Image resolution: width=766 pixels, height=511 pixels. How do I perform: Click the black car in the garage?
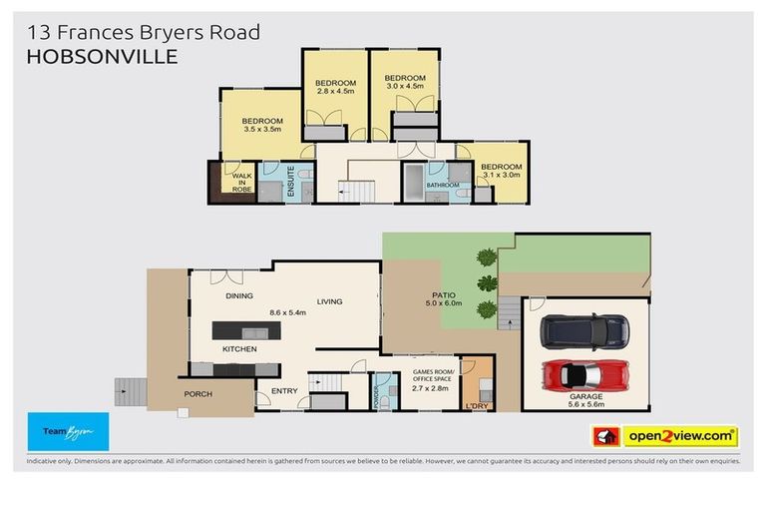[x=582, y=328]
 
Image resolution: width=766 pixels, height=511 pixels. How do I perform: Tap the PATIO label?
[x=443, y=295]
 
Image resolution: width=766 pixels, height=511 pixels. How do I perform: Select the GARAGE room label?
[x=585, y=396]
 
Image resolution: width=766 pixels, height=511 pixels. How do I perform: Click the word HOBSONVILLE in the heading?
[x=101, y=58]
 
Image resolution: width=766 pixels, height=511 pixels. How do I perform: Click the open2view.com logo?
[x=679, y=436]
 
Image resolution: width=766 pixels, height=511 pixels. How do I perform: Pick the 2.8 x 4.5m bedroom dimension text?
[x=335, y=92]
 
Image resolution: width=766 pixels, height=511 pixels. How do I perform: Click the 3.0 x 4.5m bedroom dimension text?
[x=405, y=87]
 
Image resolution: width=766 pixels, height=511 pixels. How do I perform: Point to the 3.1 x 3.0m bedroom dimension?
[x=501, y=176]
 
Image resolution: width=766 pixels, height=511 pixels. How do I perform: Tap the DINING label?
[x=238, y=295]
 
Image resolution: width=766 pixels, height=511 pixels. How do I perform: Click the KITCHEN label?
[x=240, y=349]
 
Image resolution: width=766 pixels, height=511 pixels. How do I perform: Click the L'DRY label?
[x=477, y=406]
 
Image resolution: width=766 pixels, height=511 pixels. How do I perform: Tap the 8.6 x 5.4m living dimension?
[x=288, y=312]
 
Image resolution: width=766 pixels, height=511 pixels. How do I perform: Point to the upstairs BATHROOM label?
[x=442, y=185]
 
